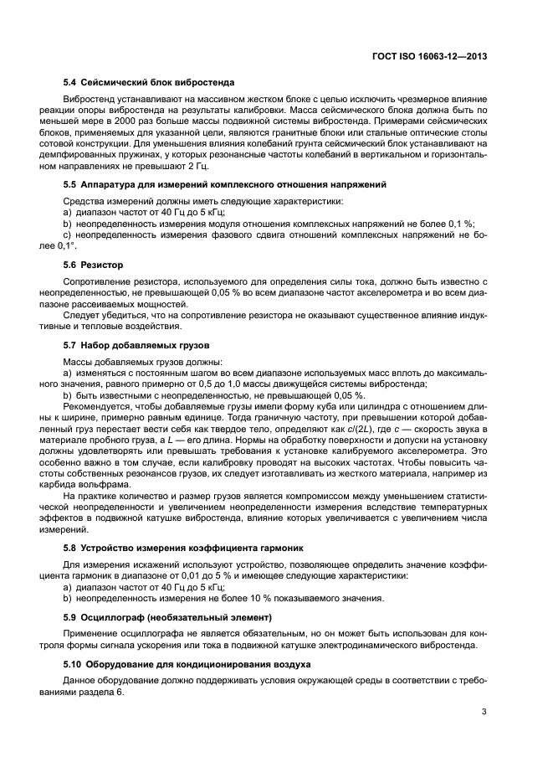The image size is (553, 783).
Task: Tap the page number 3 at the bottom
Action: coord(484,712)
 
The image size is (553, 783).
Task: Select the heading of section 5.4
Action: coord(149,83)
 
